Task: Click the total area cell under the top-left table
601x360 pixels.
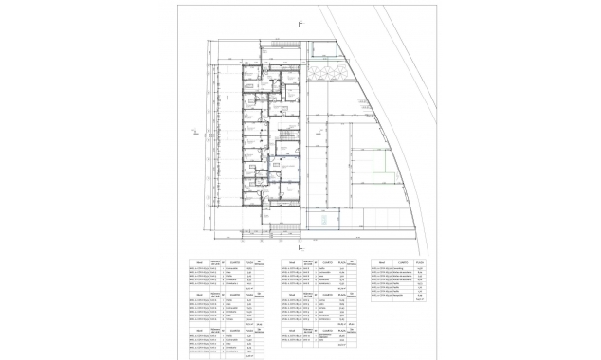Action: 249,289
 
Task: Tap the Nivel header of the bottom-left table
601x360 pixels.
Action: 198,329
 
